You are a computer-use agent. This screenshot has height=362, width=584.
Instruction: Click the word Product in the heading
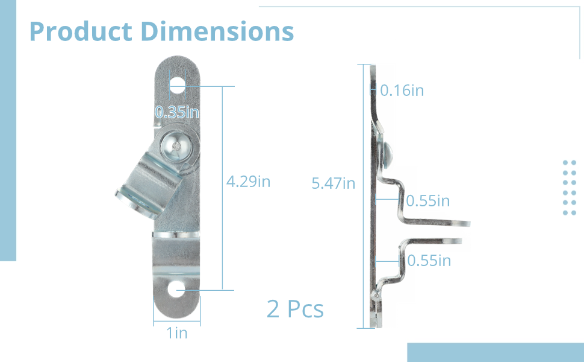pyautogui.click(x=80, y=31)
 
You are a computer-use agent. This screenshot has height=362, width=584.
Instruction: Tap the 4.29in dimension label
pyautogui.click(x=248, y=182)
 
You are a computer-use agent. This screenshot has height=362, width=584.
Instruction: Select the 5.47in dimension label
pyautogui.click(x=334, y=183)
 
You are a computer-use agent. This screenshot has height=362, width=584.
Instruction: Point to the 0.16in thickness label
pyautogui.click(x=402, y=91)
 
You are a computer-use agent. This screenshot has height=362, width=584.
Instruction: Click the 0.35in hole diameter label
pyautogui.click(x=177, y=112)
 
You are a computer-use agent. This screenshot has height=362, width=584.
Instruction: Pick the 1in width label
pyautogui.click(x=177, y=332)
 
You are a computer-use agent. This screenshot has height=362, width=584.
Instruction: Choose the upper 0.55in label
pyautogui.click(x=427, y=201)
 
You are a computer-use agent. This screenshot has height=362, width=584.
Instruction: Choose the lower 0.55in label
pyautogui.click(x=429, y=261)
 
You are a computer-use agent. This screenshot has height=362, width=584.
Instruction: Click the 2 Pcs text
pyautogui.click(x=295, y=309)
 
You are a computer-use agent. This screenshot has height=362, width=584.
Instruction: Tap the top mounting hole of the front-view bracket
pyautogui.click(x=177, y=86)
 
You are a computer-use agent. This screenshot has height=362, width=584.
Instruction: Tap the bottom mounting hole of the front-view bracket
pyautogui.click(x=177, y=290)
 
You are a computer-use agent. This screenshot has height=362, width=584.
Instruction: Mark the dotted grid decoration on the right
pyautogui.click(x=569, y=188)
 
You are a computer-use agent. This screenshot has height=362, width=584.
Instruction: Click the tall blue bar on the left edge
pyautogui.click(x=8, y=151)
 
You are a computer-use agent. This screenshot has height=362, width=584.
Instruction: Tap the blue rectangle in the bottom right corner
pyautogui.click(x=495, y=352)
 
